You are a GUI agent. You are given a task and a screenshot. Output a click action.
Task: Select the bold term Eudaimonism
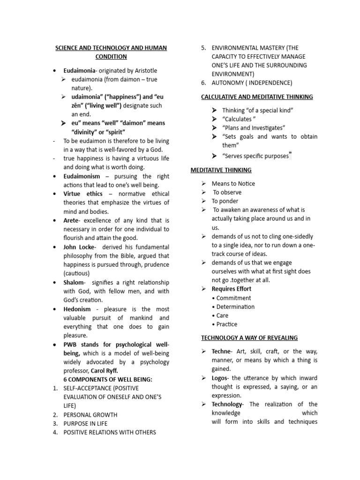click(82, 176)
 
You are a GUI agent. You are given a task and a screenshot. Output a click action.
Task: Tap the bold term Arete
click(72, 220)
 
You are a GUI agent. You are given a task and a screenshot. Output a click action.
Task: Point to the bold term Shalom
click(74, 282)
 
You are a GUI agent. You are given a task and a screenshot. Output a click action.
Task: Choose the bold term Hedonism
click(77, 309)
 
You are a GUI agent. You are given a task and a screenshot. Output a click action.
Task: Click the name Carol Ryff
click(106, 370)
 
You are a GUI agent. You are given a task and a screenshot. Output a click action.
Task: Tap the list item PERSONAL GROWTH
click(90, 415)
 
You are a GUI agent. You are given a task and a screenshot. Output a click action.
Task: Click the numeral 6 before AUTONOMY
click(203, 83)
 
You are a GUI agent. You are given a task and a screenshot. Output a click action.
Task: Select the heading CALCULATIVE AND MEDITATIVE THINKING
click(257, 97)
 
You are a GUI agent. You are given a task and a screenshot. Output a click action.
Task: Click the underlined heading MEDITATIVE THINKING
click(221, 170)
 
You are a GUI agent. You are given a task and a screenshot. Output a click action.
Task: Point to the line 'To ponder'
click(225, 201)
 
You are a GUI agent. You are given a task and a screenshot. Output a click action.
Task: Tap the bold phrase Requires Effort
click(232, 289)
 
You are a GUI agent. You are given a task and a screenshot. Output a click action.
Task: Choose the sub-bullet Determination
click(235, 307)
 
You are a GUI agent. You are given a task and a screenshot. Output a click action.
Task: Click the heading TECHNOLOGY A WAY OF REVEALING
click(249, 337)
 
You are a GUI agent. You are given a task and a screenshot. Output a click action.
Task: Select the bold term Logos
click(220, 378)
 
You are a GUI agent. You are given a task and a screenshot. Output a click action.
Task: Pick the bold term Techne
click(221, 352)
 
